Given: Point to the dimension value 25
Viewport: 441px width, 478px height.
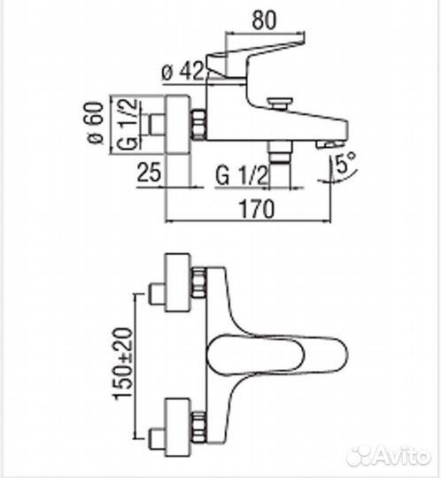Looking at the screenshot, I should tap(151, 175).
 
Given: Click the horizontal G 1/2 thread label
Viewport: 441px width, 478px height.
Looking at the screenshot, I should tap(241, 175).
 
